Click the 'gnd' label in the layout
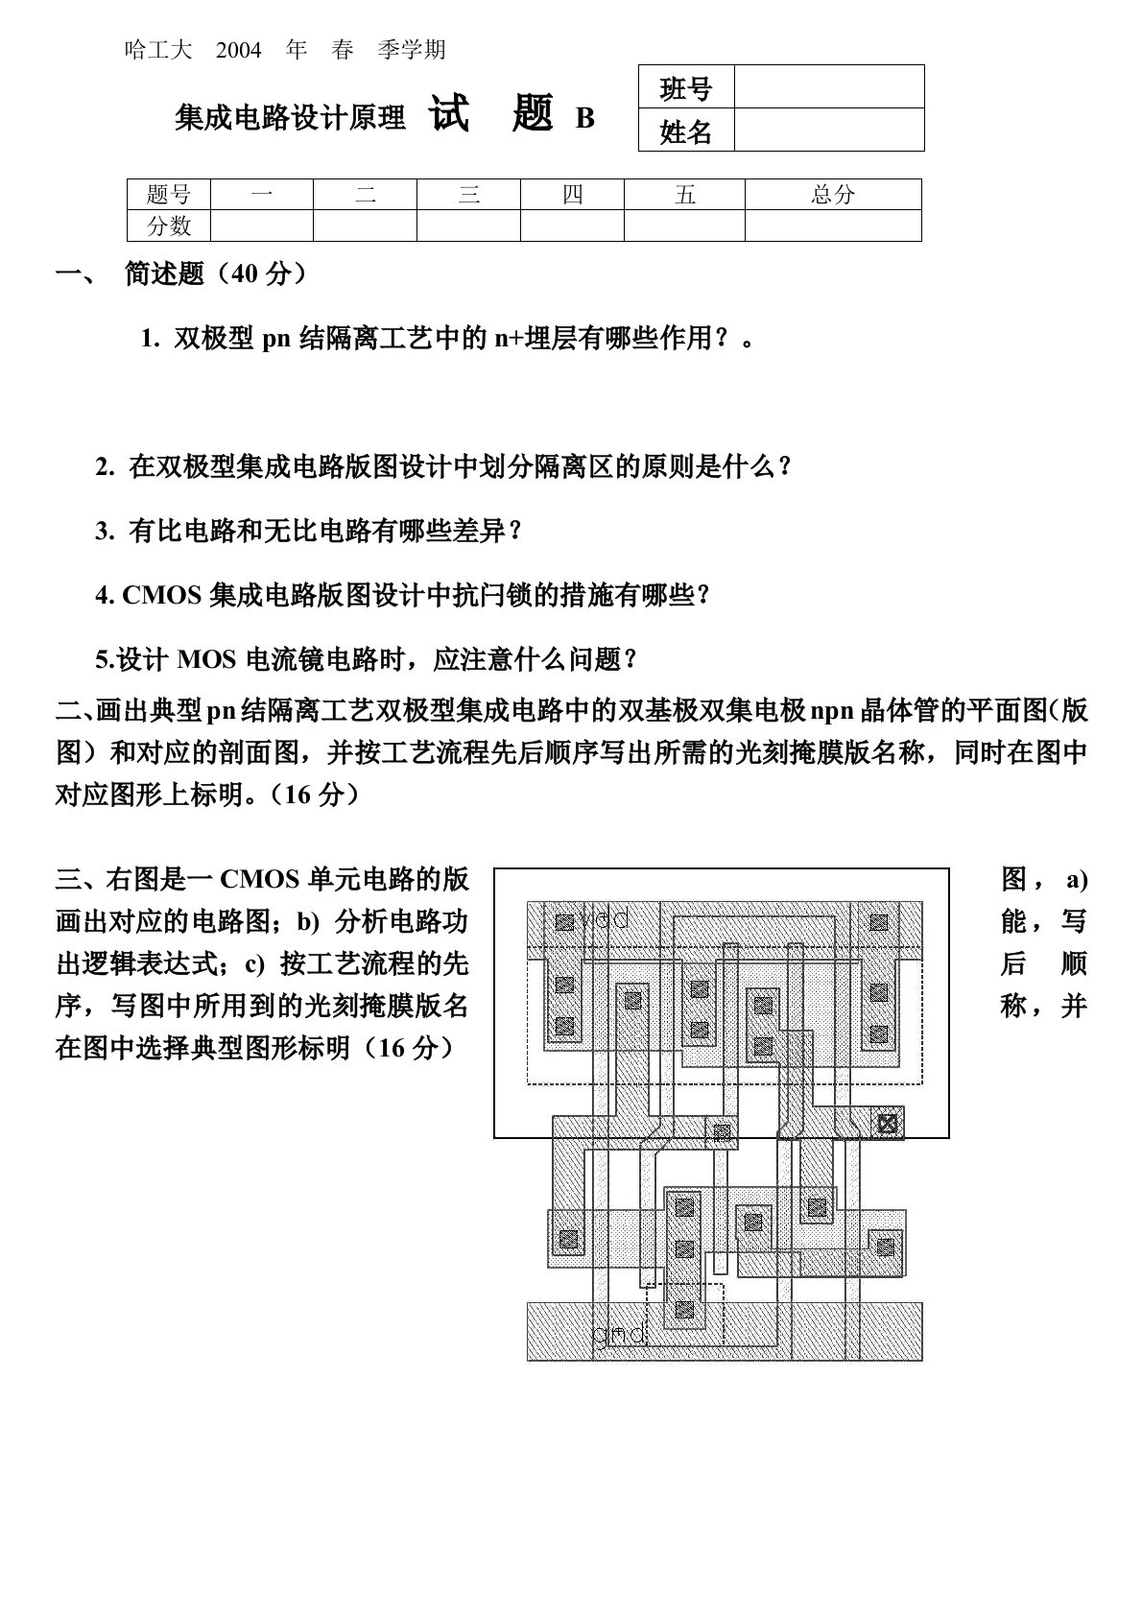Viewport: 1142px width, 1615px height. tap(619, 1334)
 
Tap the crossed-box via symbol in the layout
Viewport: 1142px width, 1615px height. tap(889, 1122)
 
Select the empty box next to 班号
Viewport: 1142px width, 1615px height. tap(829, 87)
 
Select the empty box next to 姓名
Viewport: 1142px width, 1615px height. tap(829, 131)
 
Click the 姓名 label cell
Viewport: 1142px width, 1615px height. tap(686, 131)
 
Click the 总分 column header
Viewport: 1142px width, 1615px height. tap(833, 195)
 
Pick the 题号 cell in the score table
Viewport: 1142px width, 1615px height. tap(169, 195)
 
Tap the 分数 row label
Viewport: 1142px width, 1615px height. tap(169, 226)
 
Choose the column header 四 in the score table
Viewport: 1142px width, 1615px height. tap(572, 195)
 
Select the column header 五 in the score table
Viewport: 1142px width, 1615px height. tap(684, 195)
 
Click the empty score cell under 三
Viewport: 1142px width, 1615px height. tap(468, 226)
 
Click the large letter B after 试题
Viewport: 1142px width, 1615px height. tap(584, 118)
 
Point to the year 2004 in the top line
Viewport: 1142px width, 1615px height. tap(239, 50)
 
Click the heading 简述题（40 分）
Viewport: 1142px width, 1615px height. tap(216, 274)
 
